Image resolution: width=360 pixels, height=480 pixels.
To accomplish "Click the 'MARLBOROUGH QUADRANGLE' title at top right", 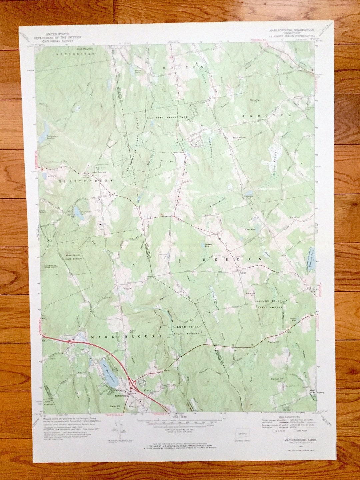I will tap(292, 30).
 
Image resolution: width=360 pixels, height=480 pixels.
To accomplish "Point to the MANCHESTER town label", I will tap(71, 54).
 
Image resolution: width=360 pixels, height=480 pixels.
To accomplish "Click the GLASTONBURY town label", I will tap(86, 181).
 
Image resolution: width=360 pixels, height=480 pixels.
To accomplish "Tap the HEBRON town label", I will tap(233, 259).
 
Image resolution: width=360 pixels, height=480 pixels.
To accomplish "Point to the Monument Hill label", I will tap(256, 100).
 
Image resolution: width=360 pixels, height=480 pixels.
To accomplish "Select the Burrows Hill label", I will tap(277, 379).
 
